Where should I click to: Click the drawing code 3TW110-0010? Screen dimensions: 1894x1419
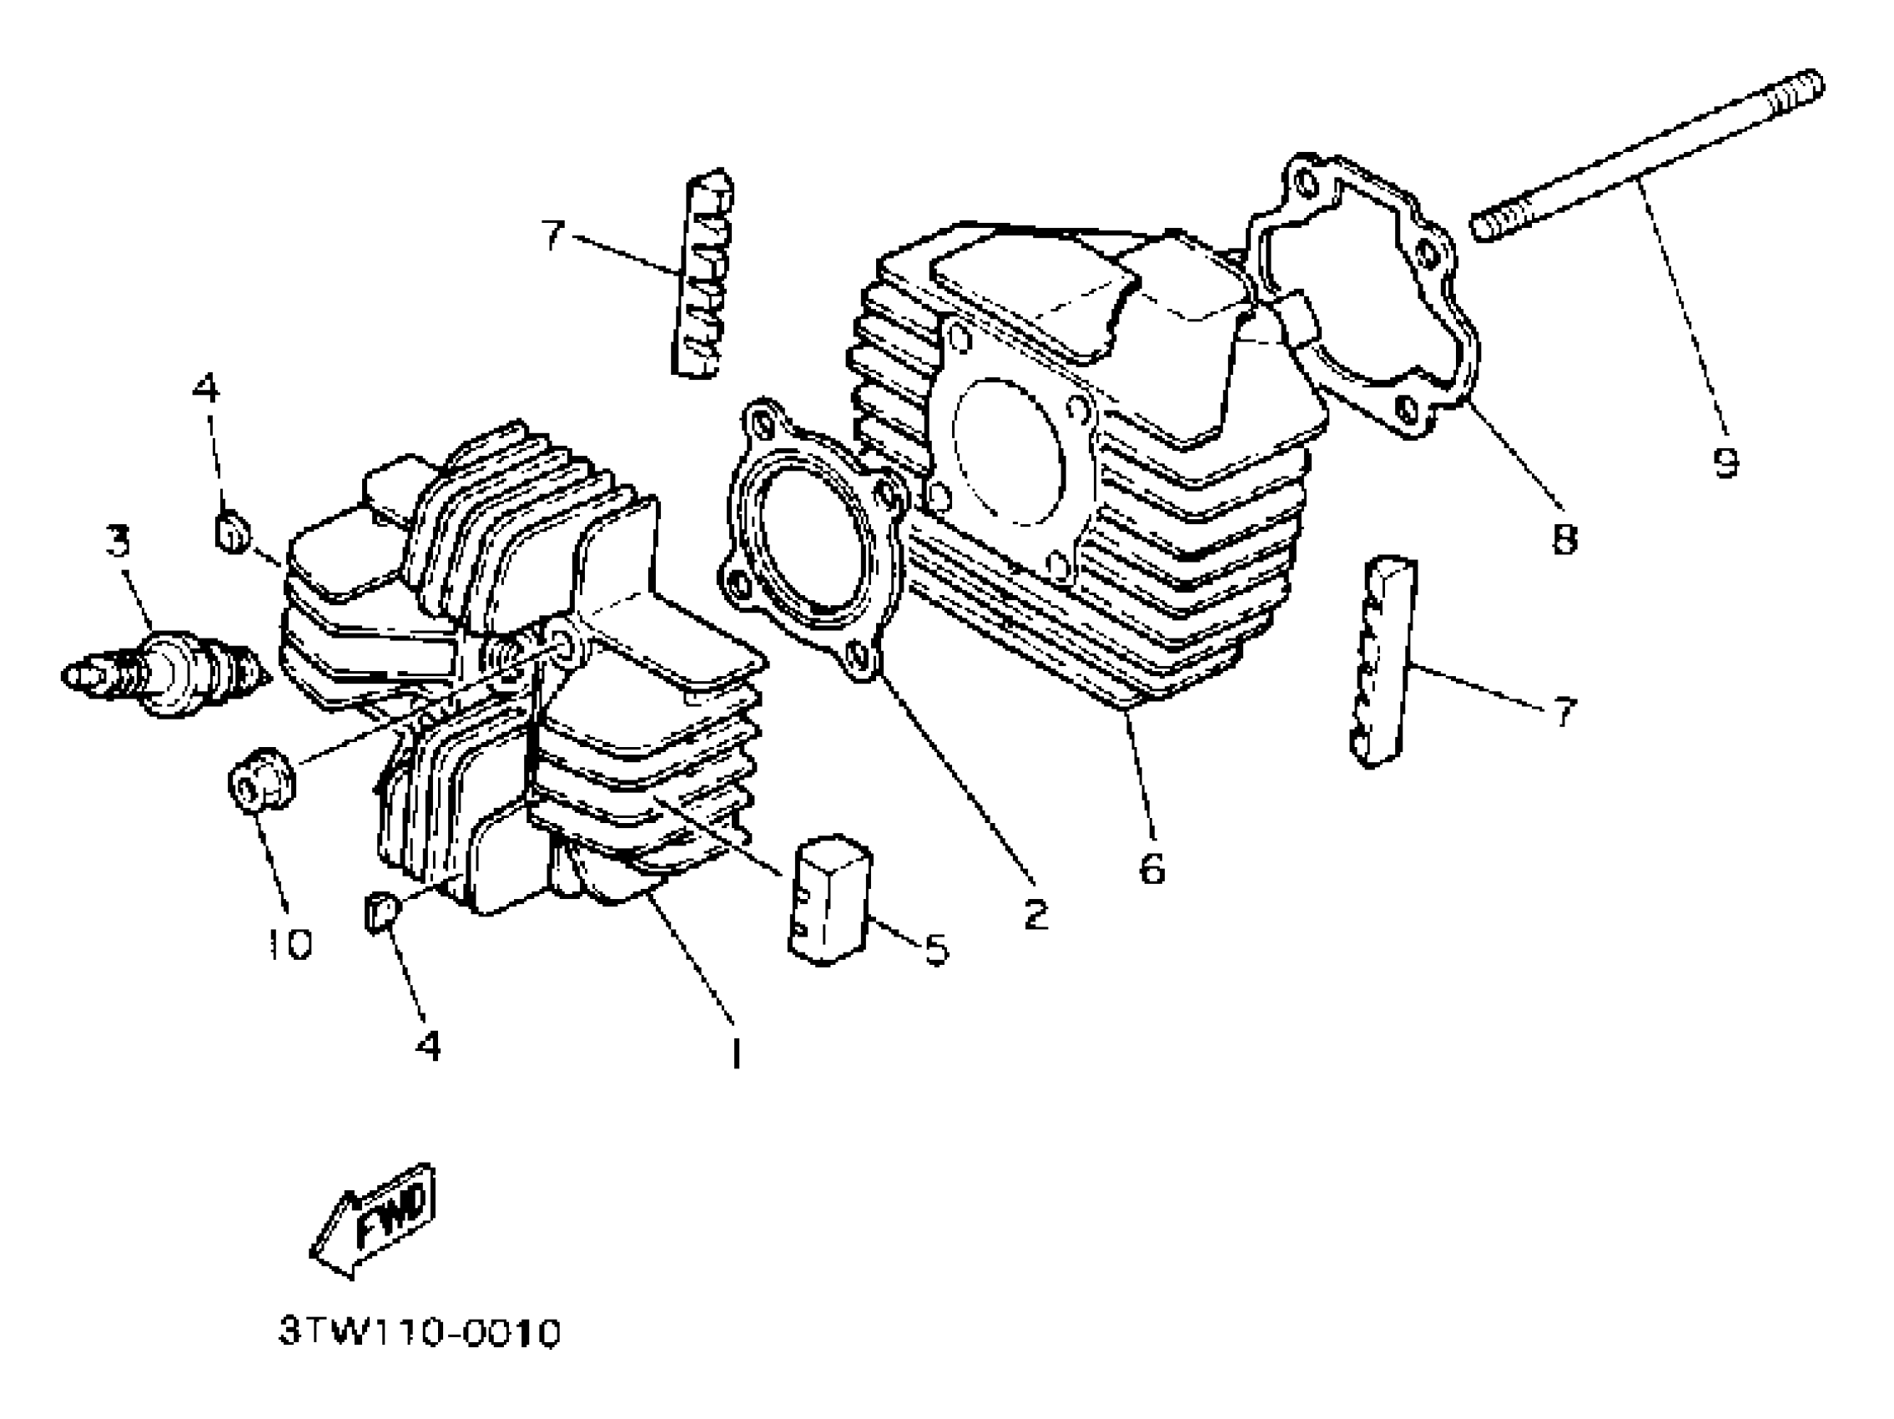(420, 1333)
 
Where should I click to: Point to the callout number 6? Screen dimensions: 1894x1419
(1151, 868)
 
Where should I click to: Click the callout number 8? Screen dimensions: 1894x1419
(1564, 538)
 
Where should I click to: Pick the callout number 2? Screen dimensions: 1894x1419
(1035, 915)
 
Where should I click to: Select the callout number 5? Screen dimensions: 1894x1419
(936, 949)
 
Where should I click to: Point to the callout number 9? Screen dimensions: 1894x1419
(1725, 462)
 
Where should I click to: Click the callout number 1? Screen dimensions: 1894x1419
(734, 1052)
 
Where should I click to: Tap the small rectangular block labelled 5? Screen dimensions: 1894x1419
(829, 899)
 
